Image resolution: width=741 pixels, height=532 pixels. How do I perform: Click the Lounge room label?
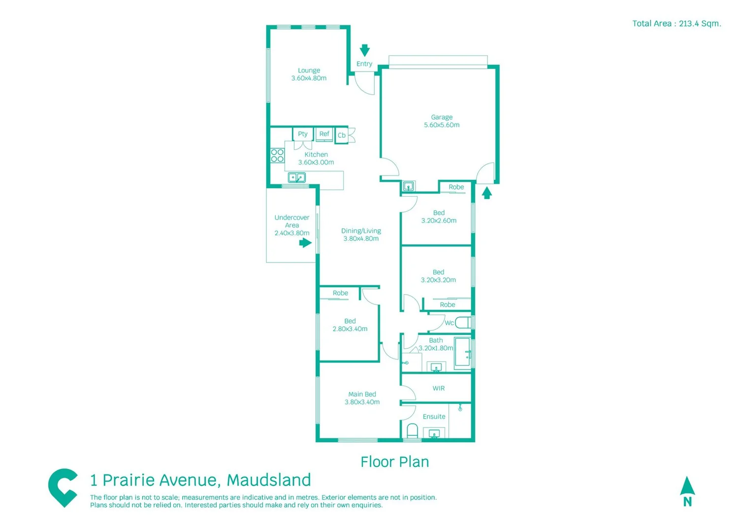(x=309, y=70)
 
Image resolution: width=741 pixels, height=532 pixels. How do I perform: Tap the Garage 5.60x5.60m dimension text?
(x=442, y=125)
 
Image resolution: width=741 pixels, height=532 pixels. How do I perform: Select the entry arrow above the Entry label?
(x=364, y=50)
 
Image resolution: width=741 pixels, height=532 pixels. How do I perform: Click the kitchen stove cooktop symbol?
(x=277, y=156)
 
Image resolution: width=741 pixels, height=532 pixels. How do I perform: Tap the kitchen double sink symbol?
(x=296, y=177)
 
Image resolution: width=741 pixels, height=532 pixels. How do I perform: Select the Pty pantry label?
(x=302, y=134)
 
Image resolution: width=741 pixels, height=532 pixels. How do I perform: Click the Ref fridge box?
(x=324, y=134)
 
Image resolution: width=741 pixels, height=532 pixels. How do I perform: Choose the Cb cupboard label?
(x=341, y=135)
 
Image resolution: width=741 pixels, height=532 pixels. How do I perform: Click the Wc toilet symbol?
(x=462, y=323)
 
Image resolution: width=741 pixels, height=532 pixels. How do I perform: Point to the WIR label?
(x=438, y=388)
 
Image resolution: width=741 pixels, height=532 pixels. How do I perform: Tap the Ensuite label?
(x=434, y=417)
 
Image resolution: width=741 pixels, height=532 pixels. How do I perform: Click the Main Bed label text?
(x=362, y=394)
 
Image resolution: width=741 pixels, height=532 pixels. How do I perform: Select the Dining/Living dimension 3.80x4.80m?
(x=361, y=239)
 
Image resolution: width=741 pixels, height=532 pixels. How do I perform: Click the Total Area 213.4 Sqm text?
(x=676, y=24)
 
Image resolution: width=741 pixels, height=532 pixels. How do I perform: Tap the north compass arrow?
(x=687, y=486)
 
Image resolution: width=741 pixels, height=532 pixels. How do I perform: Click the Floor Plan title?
(x=394, y=462)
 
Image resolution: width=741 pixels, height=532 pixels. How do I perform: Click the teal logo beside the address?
(x=63, y=487)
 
